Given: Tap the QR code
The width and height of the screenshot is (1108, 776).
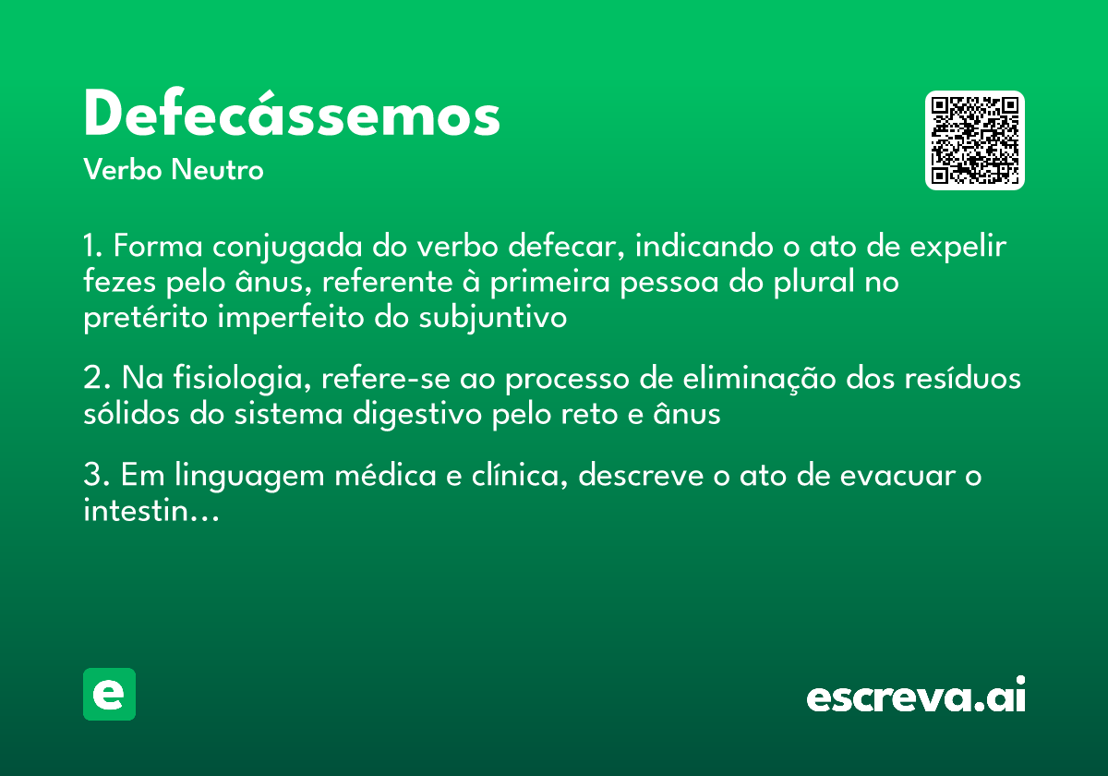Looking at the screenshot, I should (975, 140).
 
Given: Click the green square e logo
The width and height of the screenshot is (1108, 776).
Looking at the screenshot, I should (109, 694).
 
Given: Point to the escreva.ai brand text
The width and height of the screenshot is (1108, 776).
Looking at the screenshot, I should (916, 697).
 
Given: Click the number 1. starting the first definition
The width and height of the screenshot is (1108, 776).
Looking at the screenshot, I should (94, 248).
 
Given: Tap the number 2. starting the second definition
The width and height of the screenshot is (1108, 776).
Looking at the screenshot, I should (96, 379).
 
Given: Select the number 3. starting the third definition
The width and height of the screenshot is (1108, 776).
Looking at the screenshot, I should (96, 477).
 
